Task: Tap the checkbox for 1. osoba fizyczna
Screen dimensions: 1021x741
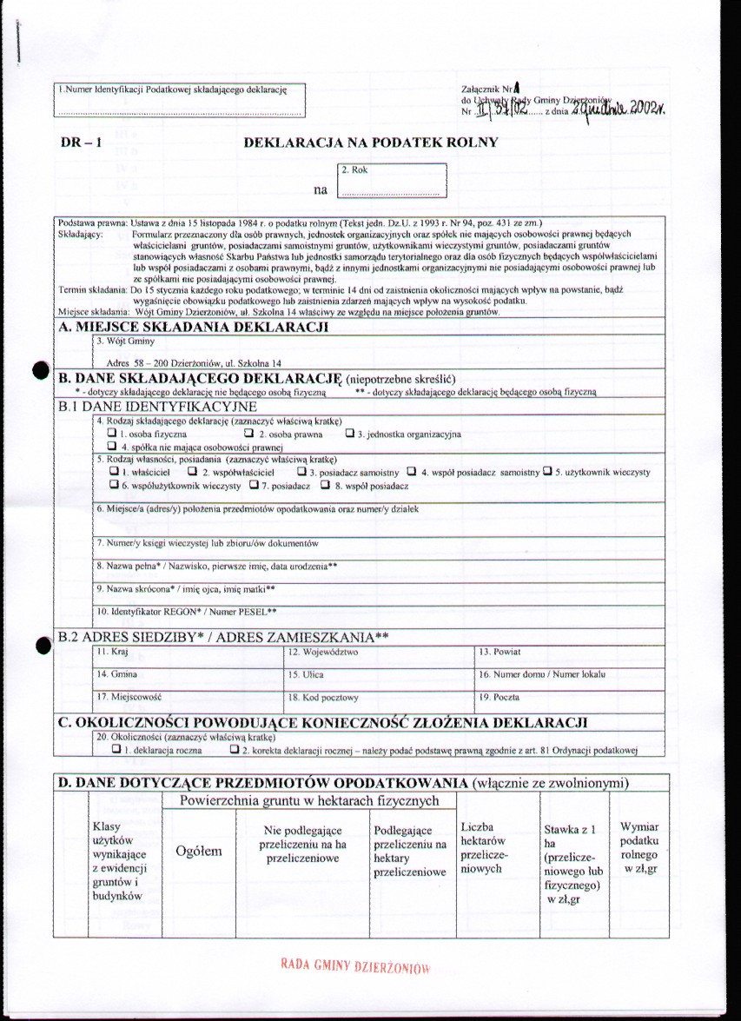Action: point(112,432)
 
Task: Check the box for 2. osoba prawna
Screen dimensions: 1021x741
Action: point(250,432)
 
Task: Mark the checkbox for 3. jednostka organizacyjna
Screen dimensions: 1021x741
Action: point(350,432)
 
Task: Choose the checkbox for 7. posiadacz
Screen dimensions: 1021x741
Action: point(255,485)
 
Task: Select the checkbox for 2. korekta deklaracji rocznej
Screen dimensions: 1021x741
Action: point(233,748)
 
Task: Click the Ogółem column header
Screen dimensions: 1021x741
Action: point(198,852)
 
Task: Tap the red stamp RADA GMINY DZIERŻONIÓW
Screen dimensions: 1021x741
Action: point(355,967)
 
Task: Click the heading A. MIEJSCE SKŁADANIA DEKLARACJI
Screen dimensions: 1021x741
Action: point(192,327)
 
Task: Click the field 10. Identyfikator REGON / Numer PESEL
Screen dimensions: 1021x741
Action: point(379,614)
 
